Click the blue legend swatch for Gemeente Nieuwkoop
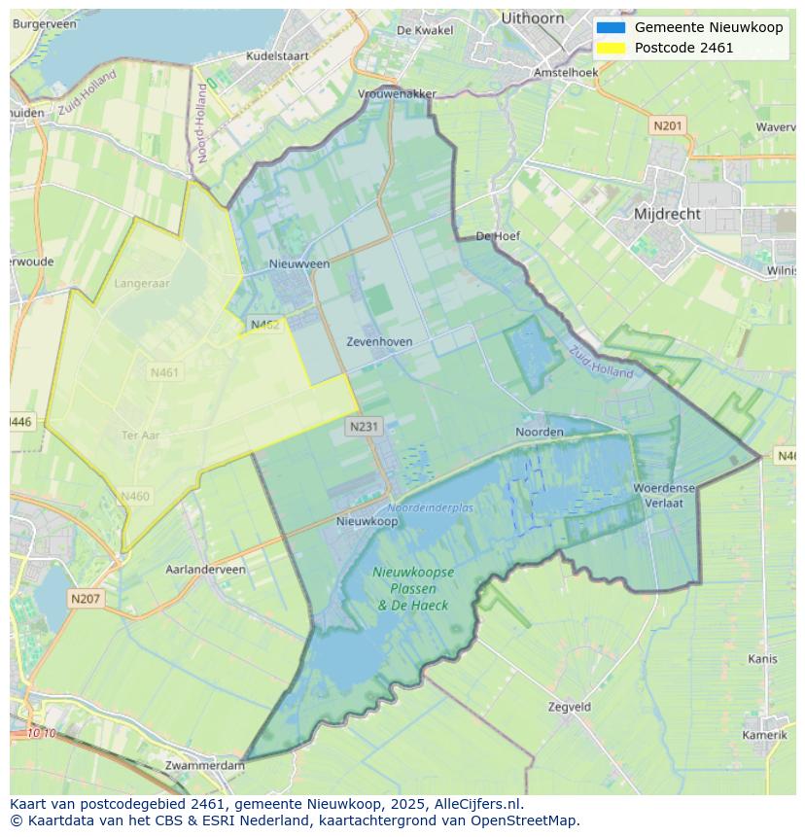pos(611,27)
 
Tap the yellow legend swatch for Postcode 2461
pos(611,48)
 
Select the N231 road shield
pos(364,426)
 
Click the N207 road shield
pos(86,599)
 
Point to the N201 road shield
pos(668,125)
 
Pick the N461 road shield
pos(165,372)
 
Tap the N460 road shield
pos(135,497)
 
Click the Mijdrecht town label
pos(667,214)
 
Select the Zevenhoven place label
pos(379,342)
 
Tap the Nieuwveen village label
pos(299,263)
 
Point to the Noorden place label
pos(539,432)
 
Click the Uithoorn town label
pos(533,17)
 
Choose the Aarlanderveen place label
pos(206,570)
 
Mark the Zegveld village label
pos(569,707)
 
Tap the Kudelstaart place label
pos(277,56)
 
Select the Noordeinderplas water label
pos(431,508)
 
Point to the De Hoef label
pos(499,236)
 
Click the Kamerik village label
pos(764,735)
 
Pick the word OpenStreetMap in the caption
pos(523,820)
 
